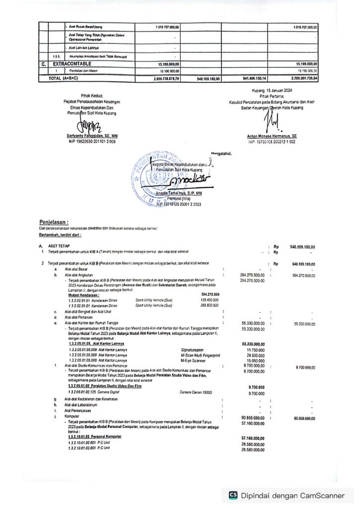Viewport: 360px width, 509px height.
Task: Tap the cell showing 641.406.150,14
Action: pos(251,79)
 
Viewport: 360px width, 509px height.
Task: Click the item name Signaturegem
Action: pos(192,350)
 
